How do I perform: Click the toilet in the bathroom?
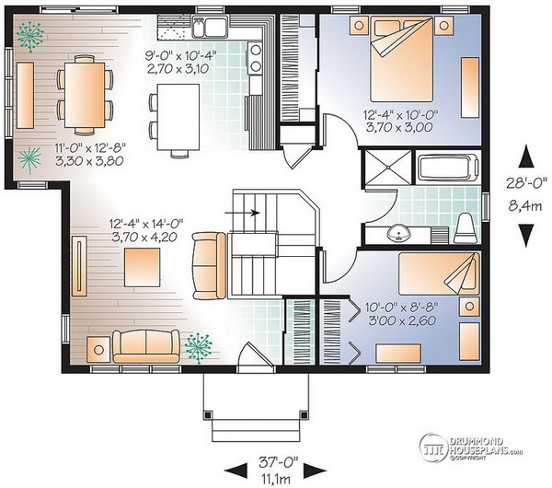click(x=465, y=228)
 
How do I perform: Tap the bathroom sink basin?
click(x=399, y=234)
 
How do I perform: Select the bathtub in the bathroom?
click(x=448, y=168)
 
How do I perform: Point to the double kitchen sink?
click(x=209, y=27)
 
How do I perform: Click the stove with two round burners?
click(x=255, y=58)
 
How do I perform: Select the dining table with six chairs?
click(x=85, y=95)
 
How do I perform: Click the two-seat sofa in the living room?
click(x=145, y=346)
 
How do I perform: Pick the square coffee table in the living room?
click(x=143, y=267)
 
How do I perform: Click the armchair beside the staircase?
click(x=209, y=266)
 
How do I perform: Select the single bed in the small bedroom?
click(x=439, y=273)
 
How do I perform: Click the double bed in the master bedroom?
click(x=401, y=59)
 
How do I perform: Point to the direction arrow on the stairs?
click(x=242, y=213)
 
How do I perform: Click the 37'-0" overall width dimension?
click(x=278, y=462)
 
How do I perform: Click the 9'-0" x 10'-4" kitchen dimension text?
click(x=181, y=55)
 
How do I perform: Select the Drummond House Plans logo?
click(x=470, y=447)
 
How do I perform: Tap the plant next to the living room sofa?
click(x=199, y=348)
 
